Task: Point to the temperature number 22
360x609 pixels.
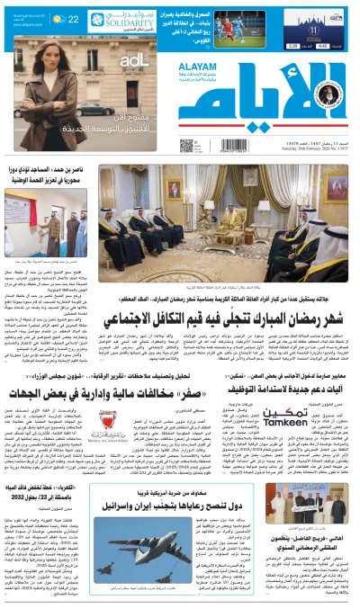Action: (x=72, y=18)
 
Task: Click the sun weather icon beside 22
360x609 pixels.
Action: (x=58, y=18)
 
